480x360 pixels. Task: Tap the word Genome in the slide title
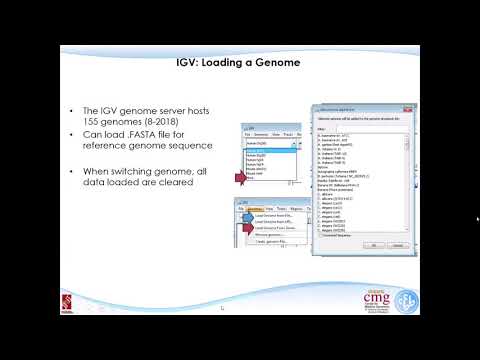[x=279, y=62]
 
